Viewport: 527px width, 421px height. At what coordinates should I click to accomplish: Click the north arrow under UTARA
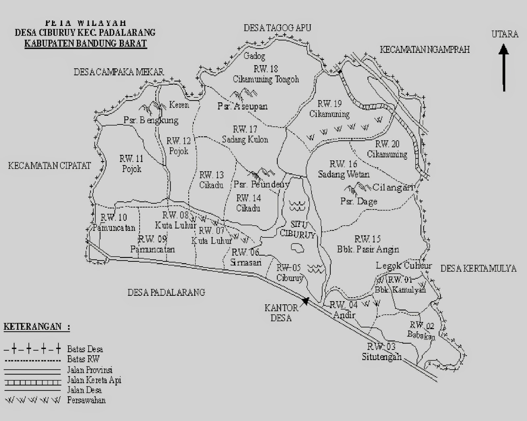(504, 68)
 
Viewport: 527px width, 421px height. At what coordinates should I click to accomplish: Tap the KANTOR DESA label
(281, 313)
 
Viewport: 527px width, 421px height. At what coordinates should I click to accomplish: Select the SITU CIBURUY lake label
(298, 229)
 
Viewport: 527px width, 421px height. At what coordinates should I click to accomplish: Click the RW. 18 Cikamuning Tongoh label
(266, 74)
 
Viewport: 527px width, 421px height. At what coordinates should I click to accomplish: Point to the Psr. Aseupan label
(242, 106)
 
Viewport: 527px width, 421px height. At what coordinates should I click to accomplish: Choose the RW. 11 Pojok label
(131, 164)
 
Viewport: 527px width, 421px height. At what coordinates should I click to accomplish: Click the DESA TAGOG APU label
(277, 28)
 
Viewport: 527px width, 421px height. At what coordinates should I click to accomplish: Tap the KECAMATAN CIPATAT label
(49, 165)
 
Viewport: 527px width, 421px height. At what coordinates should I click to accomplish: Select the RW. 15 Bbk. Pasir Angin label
(368, 244)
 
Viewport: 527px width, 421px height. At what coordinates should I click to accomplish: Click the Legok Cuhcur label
(403, 266)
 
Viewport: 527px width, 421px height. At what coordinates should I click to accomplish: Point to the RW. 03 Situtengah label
(382, 352)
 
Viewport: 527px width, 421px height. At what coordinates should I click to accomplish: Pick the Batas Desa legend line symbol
(32, 348)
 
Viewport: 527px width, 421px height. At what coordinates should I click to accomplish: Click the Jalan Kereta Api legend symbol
(32, 382)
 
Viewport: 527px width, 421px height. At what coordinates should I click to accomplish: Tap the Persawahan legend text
(86, 400)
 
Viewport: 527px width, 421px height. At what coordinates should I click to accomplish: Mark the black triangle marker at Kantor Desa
(306, 301)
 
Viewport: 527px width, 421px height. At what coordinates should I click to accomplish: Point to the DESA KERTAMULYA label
(478, 269)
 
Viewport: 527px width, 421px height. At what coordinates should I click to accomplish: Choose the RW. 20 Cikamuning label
(387, 149)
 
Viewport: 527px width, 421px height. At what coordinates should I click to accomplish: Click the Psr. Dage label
(359, 201)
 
